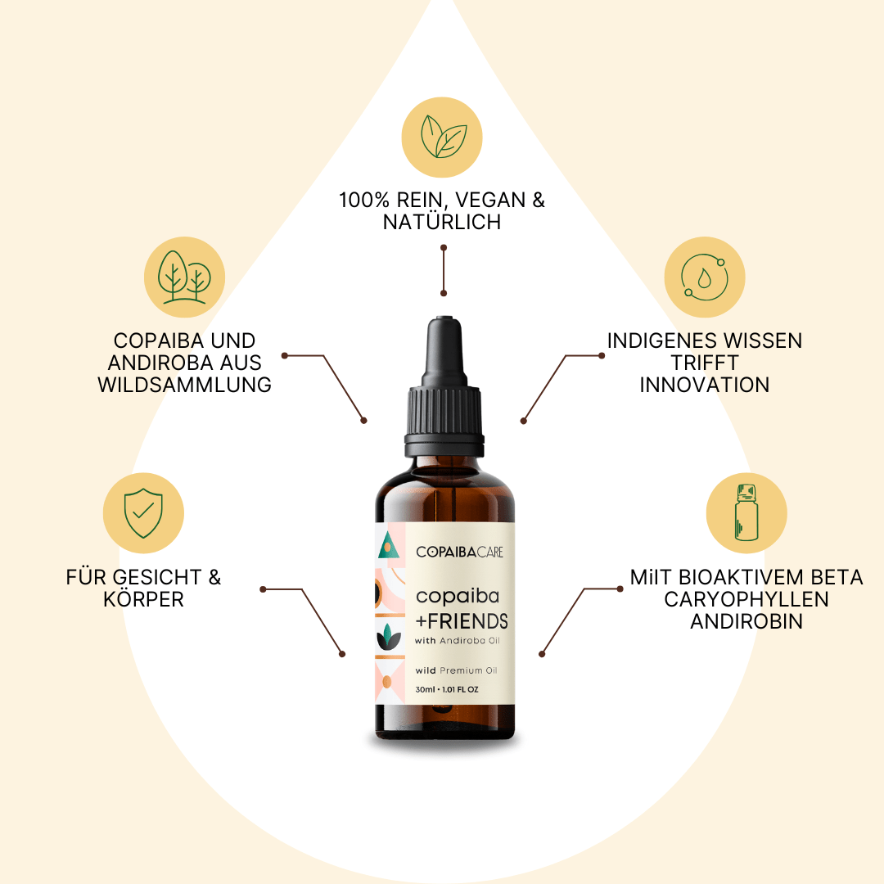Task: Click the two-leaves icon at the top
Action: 444,137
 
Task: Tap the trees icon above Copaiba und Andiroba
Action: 184,277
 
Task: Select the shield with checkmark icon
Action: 143,513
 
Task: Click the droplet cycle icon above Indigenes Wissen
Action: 704,277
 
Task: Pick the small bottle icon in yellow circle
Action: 746,512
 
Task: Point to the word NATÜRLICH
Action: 442,222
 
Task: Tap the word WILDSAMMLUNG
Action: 184,385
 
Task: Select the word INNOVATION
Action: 704,385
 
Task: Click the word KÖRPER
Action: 143,598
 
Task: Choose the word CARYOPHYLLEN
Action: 746,598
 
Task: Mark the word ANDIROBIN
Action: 746,621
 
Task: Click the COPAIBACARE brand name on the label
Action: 459,552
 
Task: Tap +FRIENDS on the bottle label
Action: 462,621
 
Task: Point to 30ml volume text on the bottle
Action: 425,689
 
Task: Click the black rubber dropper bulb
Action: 444,351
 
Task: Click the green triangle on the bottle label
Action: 389,544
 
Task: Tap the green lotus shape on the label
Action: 389,637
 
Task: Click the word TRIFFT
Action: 704,363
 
